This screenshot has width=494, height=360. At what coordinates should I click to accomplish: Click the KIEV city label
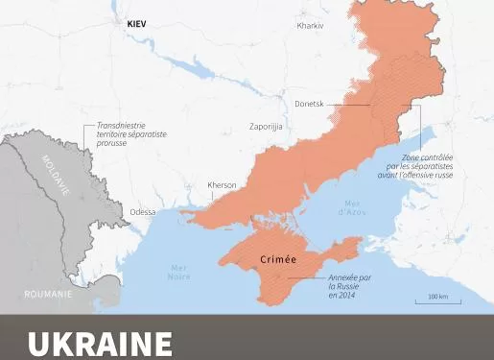coord(137,24)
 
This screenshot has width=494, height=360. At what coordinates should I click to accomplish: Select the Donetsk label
coord(309,103)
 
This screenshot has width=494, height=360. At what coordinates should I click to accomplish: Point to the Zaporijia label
coord(266,126)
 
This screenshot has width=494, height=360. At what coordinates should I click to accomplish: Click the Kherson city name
coord(222,185)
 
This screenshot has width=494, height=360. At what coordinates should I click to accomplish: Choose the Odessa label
coord(142,212)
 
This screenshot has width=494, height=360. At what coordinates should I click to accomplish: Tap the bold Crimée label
coord(278,260)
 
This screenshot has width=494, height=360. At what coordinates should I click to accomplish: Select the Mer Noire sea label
coord(178,272)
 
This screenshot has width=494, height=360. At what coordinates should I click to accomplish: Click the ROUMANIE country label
coord(48,295)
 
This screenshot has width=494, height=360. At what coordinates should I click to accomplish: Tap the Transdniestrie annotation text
coord(131,133)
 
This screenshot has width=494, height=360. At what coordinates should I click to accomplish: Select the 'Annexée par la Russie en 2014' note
coord(347,286)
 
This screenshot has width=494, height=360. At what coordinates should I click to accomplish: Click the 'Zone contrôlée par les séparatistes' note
coord(427,166)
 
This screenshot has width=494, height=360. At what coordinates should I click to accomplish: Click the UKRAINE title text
coord(101,344)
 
